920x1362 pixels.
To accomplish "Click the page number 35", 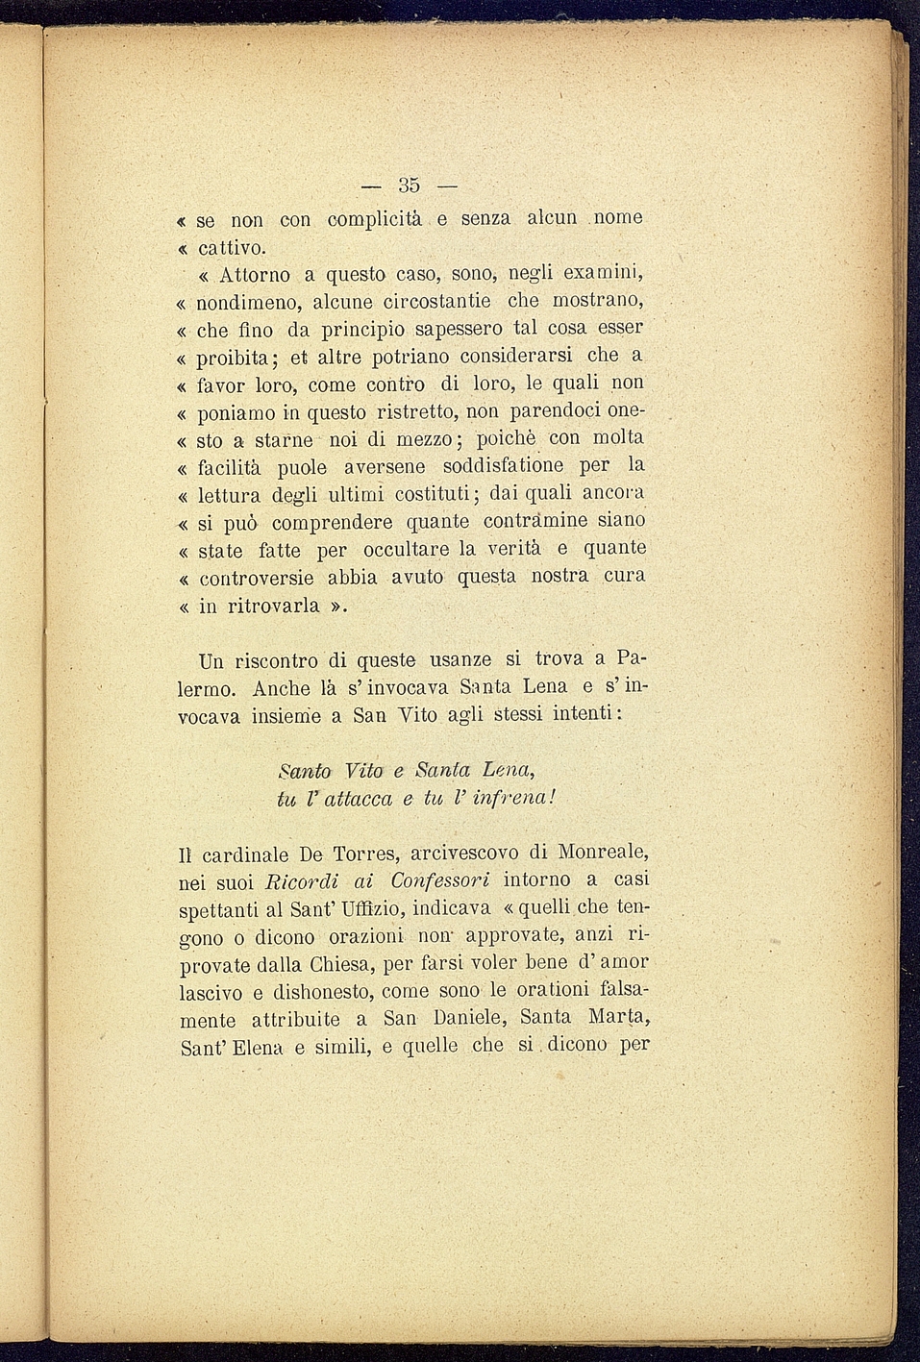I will (409, 186).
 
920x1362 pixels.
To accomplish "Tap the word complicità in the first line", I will (375, 220).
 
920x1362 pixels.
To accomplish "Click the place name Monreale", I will (603, 853).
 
